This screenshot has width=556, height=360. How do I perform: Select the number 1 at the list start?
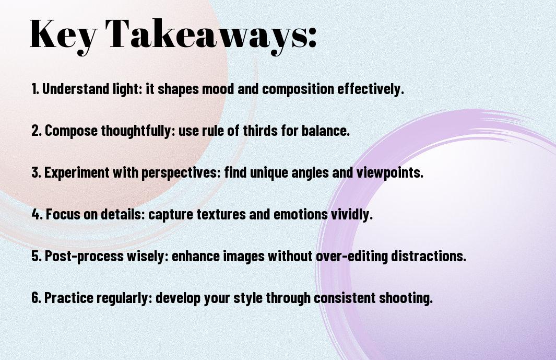tap(34, 89)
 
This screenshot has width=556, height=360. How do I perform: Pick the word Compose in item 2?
tap(65, 131)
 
